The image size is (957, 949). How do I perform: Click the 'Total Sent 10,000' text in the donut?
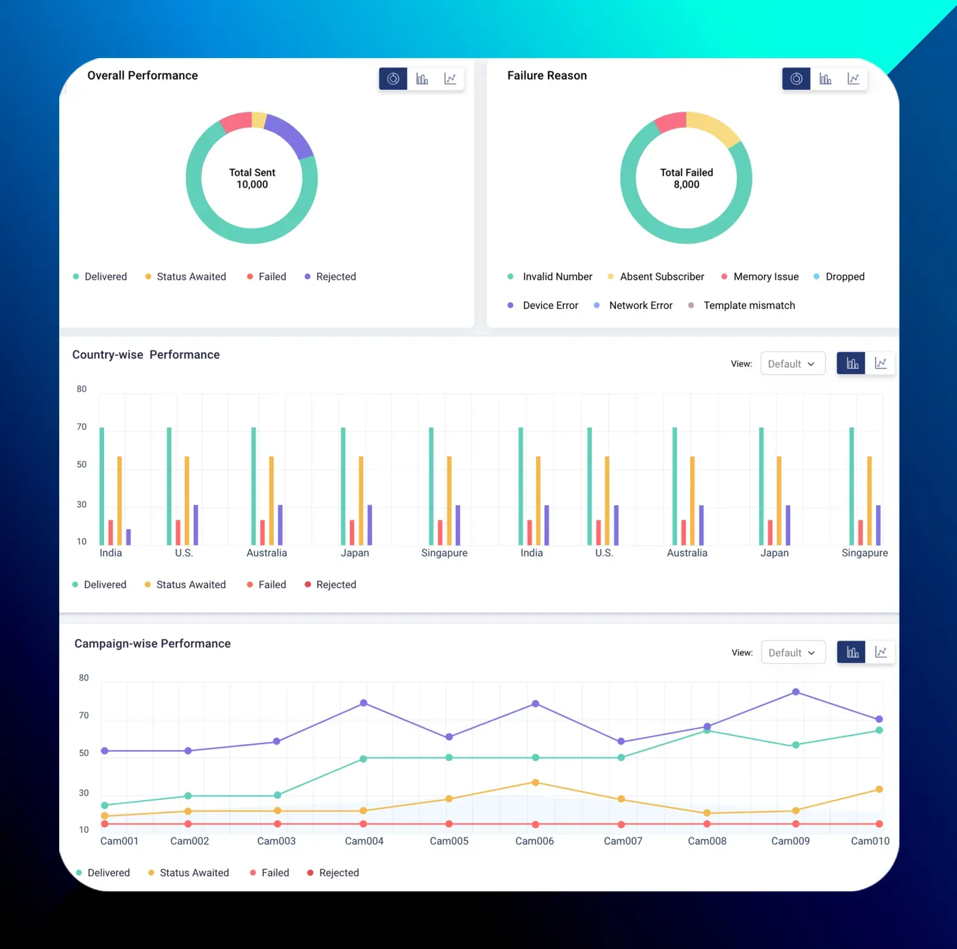point(252,178)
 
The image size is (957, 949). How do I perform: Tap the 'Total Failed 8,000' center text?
point(686,178)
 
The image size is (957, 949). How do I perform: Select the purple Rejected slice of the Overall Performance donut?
point(291,134)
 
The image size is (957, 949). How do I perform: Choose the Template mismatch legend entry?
point(748,305)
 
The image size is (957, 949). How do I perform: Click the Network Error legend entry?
point(640,305)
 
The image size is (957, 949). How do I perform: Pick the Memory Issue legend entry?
point(765,276)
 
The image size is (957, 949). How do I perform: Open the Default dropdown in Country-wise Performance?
point(792,364)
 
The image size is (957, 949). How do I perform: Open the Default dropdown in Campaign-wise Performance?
point(793,652)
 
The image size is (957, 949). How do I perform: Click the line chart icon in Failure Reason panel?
point(853,79)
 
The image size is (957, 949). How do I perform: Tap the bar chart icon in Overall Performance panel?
point(422,79)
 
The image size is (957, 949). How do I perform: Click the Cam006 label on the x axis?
point(534,841)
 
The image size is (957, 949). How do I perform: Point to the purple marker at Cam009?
point(796,692)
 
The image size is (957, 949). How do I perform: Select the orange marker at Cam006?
point(535,783)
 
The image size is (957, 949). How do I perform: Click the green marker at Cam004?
point(363,759)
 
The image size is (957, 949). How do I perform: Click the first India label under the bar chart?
point(111,553)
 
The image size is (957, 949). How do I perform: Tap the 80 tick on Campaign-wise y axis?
point(84,678)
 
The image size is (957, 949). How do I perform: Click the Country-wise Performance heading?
point(146,355)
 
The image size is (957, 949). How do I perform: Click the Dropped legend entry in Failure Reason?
point(844,276)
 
